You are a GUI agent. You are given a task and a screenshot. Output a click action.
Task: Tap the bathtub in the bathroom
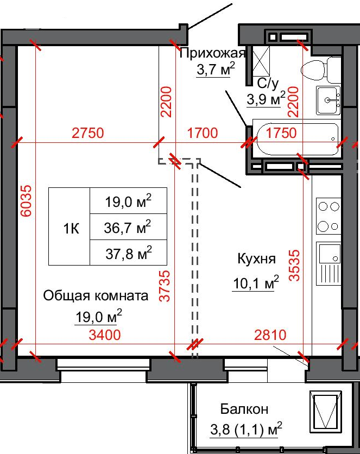297,139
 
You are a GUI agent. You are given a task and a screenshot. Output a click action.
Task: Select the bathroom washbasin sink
329,100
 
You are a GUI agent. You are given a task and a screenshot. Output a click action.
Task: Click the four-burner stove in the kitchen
329,216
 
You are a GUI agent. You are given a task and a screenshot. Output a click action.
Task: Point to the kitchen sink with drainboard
329,263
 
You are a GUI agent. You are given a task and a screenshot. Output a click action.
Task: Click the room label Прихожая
212,53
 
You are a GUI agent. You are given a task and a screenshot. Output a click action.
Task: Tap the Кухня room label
256,258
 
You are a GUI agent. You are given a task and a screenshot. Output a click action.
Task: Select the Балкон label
244,409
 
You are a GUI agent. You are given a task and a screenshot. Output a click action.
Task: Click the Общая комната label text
96,296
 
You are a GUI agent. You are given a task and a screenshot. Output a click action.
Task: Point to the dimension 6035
27,201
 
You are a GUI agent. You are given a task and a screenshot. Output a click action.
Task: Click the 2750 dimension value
87,133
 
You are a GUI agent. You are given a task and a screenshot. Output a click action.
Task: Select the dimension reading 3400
105,335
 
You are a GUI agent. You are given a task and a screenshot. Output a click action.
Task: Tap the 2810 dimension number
270,335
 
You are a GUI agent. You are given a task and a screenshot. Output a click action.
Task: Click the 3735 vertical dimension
165,286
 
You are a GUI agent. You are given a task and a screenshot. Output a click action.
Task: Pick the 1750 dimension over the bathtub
281,133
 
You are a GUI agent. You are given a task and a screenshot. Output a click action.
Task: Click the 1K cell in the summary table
71,229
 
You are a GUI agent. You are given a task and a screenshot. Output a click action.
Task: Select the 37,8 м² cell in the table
129,253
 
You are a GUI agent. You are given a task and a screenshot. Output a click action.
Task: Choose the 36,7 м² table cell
129,226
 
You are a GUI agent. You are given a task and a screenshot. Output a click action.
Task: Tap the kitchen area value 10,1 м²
256,282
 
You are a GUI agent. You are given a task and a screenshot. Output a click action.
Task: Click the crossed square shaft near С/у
261,61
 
